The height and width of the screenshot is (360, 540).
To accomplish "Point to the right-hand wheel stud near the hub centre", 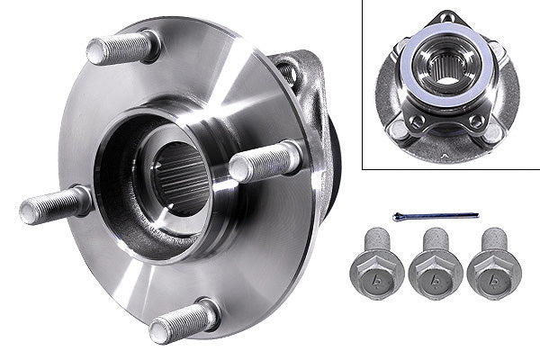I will pyautogui.click(x=265, y=162).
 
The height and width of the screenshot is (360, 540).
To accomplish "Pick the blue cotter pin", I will pyautogui.click(x=436, y=216).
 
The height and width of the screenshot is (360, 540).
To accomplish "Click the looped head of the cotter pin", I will pyautogui.click(x=398, y=216).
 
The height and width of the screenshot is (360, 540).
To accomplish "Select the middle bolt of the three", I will pyautogui.click(x=436, y=267).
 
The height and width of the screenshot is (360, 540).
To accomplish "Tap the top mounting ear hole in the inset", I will pyautogui.click(x=447, y=18).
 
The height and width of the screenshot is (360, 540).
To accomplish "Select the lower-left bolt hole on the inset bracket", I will pyautogui.click(x=416, y=120).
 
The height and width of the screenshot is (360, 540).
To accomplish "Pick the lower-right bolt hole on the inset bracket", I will pyautogui.click(x=476, y=121).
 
